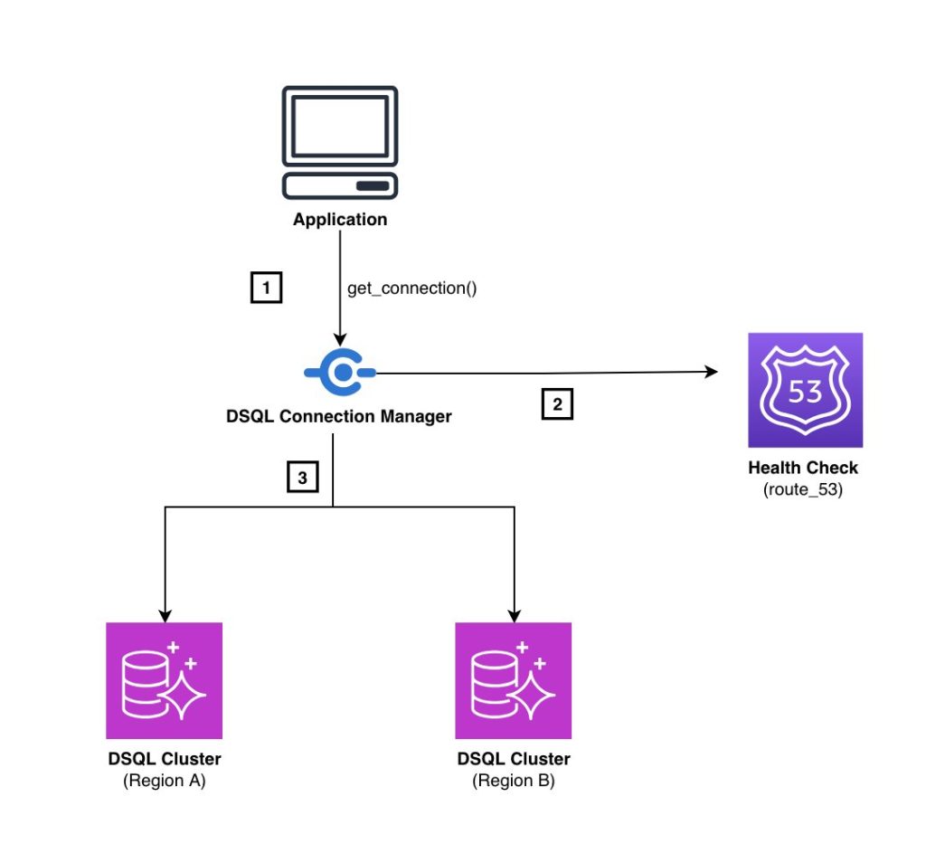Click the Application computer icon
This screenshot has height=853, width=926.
pyautogui.click(x=339, y=143)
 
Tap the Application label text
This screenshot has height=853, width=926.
pyautogui.click(x=340, y=220)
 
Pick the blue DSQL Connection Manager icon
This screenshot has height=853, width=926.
pyautogui.click(x=340, y=372)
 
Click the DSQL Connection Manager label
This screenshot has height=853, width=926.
pyautogui.click(x=340, y=416)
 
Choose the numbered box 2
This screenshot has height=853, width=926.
pyautogui.click(x=557, y=404)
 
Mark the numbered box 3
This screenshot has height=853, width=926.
pyautogui.click(x=303, y=477)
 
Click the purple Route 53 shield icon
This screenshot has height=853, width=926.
pyautogui.click(x=805, y=390)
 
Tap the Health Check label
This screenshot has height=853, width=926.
pyautogui.click(x=804, y=469)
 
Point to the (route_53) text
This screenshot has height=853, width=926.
pyautogui.click(x=804, y=492)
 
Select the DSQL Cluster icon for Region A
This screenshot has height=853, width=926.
pyautogui.click(x=164, y=680)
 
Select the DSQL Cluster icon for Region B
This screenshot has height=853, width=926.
pyautogui.click(x=513, y=680)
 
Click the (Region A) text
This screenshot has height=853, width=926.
pyautogui.click(x=165, y=781)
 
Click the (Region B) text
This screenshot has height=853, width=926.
pyautogui.click(x=514, y=781)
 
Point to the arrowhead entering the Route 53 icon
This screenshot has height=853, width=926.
pyautogui.click(x=712, y=372)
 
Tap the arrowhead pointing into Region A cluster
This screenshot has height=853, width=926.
pyautogui.click(x=165, y=614)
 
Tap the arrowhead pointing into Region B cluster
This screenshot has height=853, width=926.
pyautogui.click(x=514, y=614)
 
